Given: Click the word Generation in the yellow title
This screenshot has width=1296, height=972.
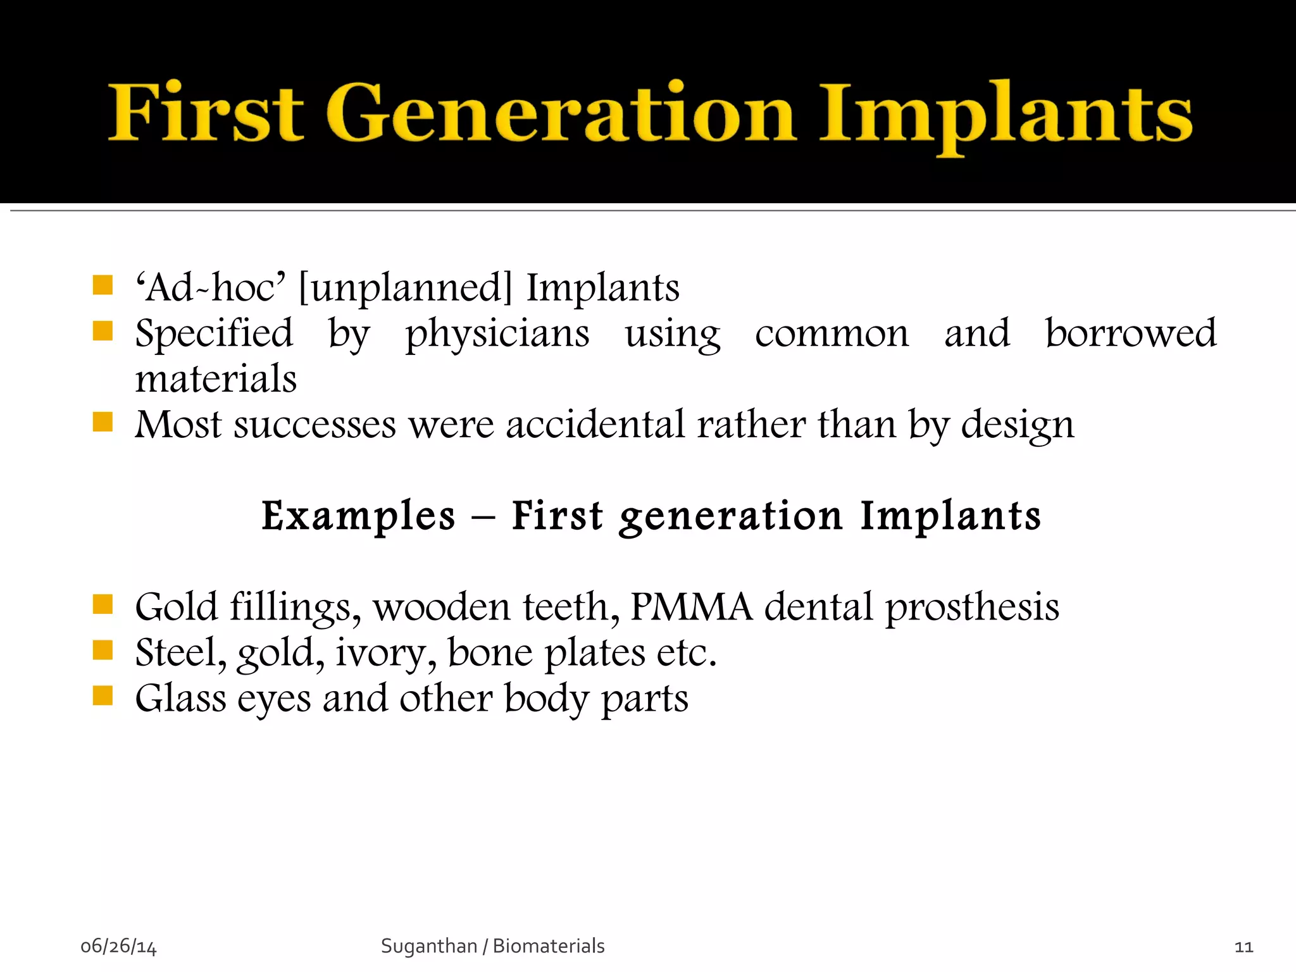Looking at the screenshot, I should coord(560,114).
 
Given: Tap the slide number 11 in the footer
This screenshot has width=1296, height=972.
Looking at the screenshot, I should coord(1243,947).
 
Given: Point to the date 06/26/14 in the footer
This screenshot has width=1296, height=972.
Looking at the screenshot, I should coord(118,947).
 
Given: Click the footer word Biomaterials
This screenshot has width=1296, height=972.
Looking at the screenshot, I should coord(549,946).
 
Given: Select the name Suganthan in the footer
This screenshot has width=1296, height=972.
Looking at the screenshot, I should coord(428,946).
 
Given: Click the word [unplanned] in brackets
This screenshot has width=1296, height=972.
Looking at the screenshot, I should coord(405,288).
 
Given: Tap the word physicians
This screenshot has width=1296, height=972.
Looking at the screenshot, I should coord(497,334).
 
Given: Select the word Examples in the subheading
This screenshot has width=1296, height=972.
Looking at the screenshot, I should coord(358,516).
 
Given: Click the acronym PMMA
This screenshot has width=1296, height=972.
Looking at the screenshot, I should coord(691,607).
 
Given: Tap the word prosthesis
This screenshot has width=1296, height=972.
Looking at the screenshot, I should coord(972,607).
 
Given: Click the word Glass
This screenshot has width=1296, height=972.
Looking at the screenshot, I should coord(181,699).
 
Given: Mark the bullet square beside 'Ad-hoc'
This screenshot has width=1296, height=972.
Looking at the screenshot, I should coord(103,285).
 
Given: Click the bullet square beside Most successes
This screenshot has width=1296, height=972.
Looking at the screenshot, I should coord(103,422).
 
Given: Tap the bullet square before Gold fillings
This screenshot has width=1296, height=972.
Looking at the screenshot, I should coord(103,605).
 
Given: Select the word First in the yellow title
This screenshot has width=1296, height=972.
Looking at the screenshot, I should coord(206,114).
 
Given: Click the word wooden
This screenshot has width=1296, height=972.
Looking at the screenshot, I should coord(442,607).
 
